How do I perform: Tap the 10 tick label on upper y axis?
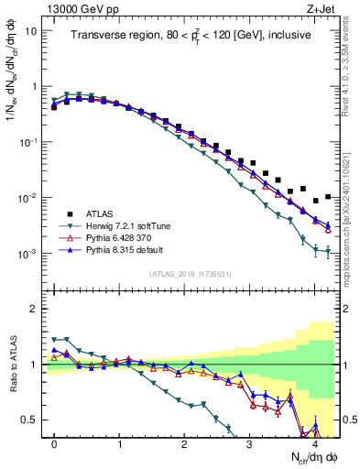[x=30, y=30]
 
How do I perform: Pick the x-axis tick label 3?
[x=249, y=443]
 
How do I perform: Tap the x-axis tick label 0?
[x=54, y=443]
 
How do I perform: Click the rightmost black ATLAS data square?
[x=328, y=196]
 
